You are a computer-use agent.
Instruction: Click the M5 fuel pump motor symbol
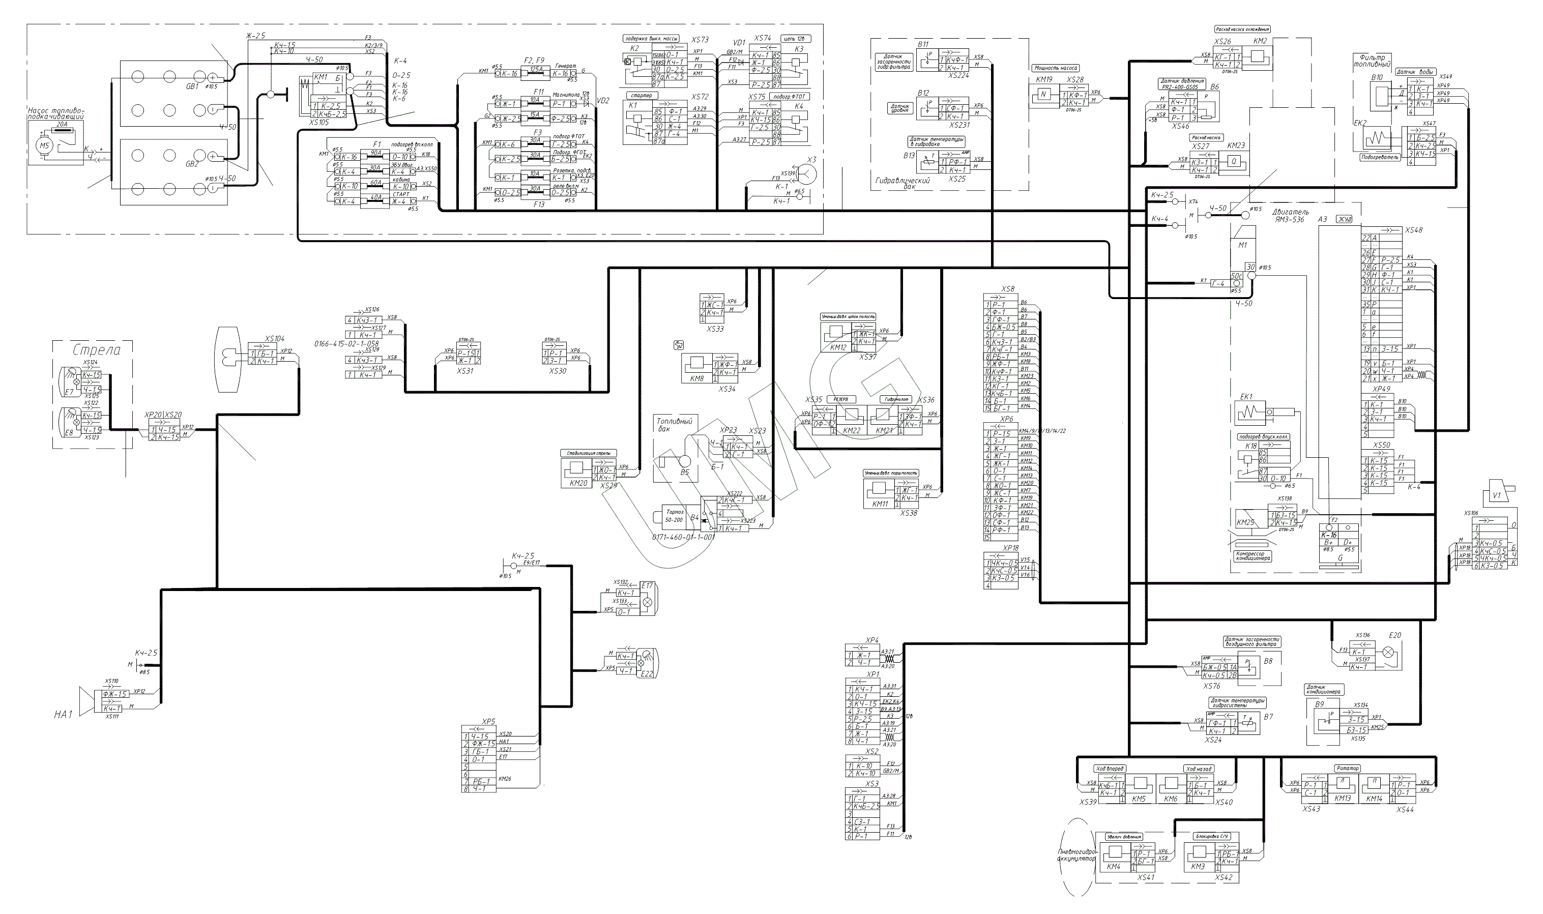pyautogui.click(x=43, y=146)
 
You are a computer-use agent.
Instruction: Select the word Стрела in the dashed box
pyautogui.click(x=96, y=350)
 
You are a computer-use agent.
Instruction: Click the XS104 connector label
pyautogui.click(x=275, y=339)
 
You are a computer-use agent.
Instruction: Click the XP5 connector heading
pyautogui.click(x=488, y=721)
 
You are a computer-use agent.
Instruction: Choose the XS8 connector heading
pyautogui.click(x=1008, y=289)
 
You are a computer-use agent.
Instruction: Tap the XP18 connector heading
pyautogui.click(x=1011, y=548)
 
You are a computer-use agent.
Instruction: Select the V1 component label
pyautogui.click(x=1497, y=494)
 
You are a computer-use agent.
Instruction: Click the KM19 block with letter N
pyautogui.click(x=1043, y=95)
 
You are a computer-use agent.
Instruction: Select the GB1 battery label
pyautogui.click(x=192, y=87)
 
